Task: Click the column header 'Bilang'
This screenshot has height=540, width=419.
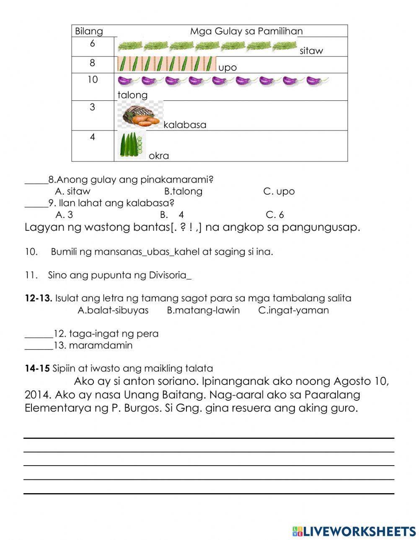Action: click(x=88, y=31)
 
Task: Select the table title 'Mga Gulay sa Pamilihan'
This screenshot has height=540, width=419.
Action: click(x=246, y=31)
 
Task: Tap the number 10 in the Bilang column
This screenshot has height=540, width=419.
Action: click(x=92, y=79)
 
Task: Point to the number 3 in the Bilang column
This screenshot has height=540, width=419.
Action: click(x=92, y=107)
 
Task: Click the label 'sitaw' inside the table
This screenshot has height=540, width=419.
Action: click(x=311, y=51)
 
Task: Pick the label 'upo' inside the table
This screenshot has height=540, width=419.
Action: click(x=228, y=68)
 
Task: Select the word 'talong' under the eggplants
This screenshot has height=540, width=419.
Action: click(x=132, y=95)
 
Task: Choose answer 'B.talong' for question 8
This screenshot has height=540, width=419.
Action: click(x=183, y=192)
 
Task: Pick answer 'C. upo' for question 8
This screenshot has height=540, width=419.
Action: click(x=279, y=192)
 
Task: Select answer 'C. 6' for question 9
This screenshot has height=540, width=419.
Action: click(x=274, y=215)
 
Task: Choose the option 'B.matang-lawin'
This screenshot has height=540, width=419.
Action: click(x=203, y=310)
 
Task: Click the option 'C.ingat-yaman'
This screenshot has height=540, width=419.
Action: click(x=293, y=310)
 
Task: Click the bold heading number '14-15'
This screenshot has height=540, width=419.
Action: click(x=37, y=369)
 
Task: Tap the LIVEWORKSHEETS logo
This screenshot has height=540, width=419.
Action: click(x=354, y=531)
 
